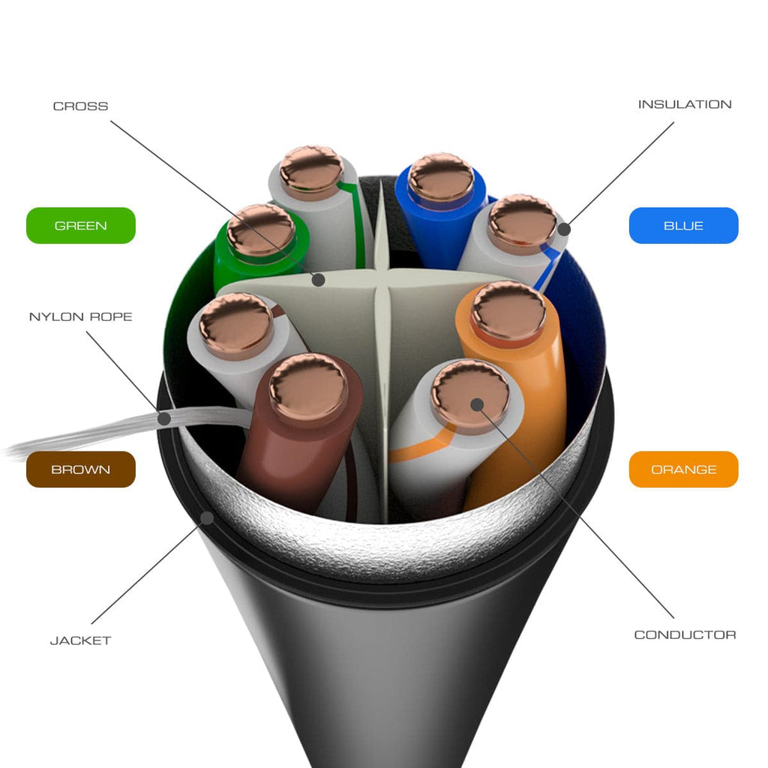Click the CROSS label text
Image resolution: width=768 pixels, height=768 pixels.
pyautogui.click(x=80, y=106)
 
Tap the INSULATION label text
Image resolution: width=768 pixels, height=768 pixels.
pyautogui.click(x=684, y=104)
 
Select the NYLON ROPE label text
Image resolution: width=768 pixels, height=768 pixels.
pyautogui.click(x=81, y=317)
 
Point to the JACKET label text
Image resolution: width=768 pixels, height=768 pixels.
pyautogui.click(x=81, y=640)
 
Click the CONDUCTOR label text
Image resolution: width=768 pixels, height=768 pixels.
pyautogui.click(x=685, y=634)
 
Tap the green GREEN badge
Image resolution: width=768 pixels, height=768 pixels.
pyautogui.click(x=81, y=225)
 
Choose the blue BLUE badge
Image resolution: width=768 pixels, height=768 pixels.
pyautogui.click(x=683, y=225)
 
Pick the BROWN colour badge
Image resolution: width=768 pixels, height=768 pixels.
pyautogui.click(x=81, y=469)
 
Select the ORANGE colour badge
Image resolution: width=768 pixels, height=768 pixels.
pyautogui.click(x=683, y=469)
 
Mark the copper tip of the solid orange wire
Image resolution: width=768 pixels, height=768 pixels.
pyautogui.click(x=508, y=311)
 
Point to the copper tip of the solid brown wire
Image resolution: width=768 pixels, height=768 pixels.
pyautogui.click(x=308, y=387)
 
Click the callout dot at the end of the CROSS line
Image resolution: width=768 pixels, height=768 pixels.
pyautogui.click(x=318, y=280)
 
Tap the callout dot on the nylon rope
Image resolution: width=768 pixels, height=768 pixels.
pyautogui.click(x=164, y=418)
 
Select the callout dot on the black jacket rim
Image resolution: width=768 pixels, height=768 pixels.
pyautogui.click(x=207, y=517)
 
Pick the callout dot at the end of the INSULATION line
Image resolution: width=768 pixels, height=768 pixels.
pyautogui.click(x=564, y=229)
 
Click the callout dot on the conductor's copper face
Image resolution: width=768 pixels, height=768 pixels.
pyautogui.click(x=476, y=404)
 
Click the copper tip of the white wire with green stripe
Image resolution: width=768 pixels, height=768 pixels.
pyautogui.click(x=311, y=172)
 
